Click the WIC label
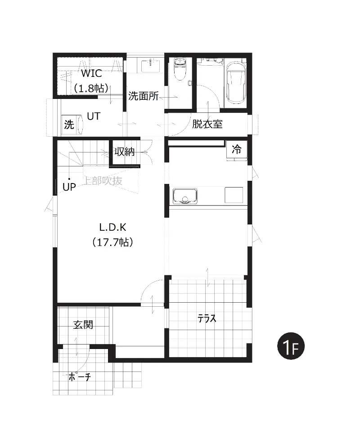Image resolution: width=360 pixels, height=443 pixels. point(91,73)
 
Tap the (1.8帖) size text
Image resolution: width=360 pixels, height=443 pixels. point(91,88)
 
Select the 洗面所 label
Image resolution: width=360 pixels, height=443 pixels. point(143,96)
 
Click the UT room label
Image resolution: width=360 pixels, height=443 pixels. point(94,116)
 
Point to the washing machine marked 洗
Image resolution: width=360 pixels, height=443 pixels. point(72,124)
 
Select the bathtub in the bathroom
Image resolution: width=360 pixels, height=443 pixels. point(236,82)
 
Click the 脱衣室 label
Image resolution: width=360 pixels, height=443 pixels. point(207,124)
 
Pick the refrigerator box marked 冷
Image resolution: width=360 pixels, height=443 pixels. point(237,150)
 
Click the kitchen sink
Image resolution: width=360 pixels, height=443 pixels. point(185,196)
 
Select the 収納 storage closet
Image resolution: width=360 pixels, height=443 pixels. point(125,152)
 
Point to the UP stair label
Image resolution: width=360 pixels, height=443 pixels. point(69,187)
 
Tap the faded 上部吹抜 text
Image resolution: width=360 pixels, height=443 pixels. point(103,181)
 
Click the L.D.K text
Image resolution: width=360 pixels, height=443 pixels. point(112,227)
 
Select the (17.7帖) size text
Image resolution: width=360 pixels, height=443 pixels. point(112,242)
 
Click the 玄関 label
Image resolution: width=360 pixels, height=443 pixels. point(83,325)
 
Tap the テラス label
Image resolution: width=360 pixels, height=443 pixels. point(207,319)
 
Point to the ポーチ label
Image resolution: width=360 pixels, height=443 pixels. point(79,376)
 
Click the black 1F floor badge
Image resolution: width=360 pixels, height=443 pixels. point(291,346)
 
